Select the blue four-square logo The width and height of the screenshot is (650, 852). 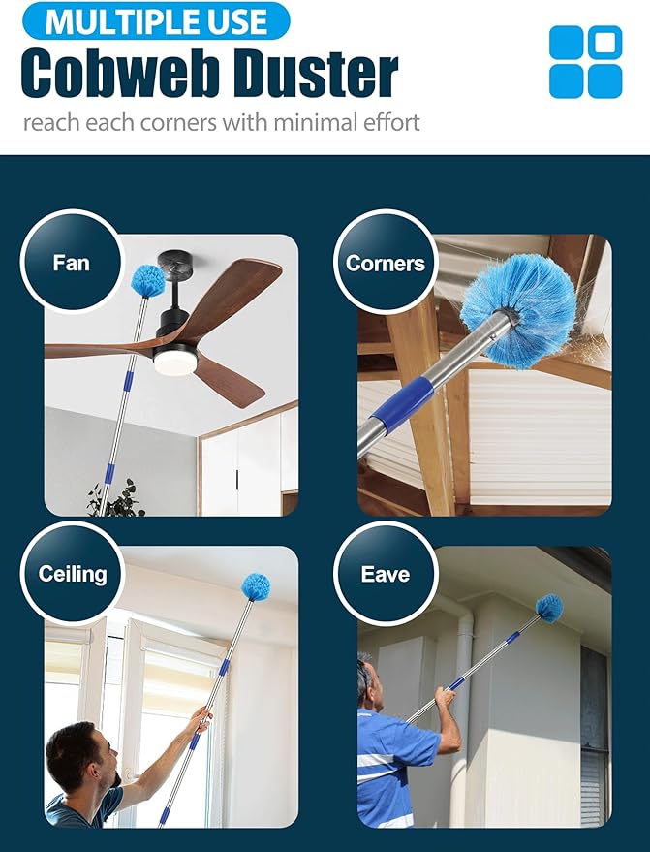pyautogui.click(x=585, y=62)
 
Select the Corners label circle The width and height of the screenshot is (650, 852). pyautogui.click(x=386, y=264)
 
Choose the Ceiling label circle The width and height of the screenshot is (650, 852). pyautogui.click(x=72, y=574)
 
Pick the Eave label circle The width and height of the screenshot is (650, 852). pyautogui.click(x=385, y=574)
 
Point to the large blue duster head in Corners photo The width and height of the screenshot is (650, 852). pyautogui.click(x=516, y=296)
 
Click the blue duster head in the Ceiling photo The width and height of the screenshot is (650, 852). pyautogui.click(x=256, y=586)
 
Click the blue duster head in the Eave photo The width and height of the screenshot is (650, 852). pyautogui.click(x=549, y=608)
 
